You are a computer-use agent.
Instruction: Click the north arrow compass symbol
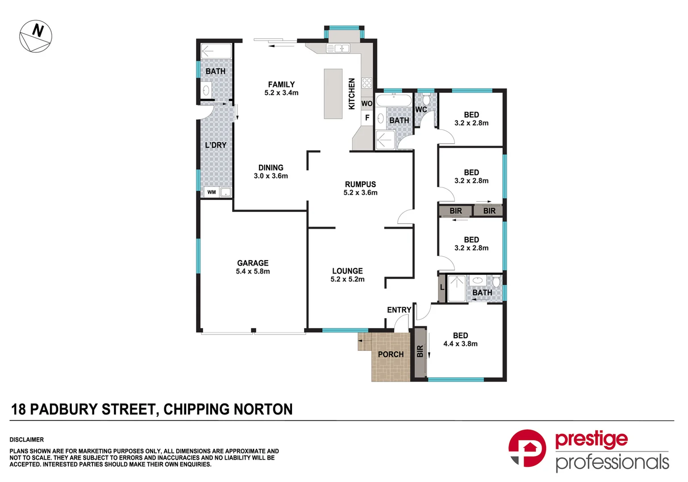pyautogui.click(x=36, y=36)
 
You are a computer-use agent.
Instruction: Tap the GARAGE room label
pyautogui.click(x=253, y=263)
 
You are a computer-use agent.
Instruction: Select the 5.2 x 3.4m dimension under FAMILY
pyautogui.click(x=281, y=93)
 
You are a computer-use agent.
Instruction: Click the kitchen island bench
pyautogui.click(x=333, y=94)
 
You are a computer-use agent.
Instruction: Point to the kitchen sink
pyautogui.click(x=338, y=48)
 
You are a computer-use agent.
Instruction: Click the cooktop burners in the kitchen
pyautogui.click(x=367, y=83)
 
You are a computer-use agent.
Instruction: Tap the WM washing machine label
pyautogui.click(x=212, y=192)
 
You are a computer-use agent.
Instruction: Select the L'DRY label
pyautogui.click(x=216, y=145)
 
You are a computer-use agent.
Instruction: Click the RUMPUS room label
pyautogui.click(x=360, y=184)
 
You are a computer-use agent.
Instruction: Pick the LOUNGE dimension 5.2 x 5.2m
pyautogui.click(x=347, y=279)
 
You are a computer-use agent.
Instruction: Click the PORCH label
pyautogui.click(x=391, y=354)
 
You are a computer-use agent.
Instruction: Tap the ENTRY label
pyautogui.click(x=399, y=310)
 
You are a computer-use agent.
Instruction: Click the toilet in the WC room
pyautogui.click(x=426, y=98)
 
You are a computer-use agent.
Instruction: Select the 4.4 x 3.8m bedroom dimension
pyautogui.click(x=460, y=344)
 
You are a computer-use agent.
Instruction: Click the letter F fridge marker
pyautogui.click(x=367, y=118)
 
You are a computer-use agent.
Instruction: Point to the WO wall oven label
pyautogui.click(x=367, y=104)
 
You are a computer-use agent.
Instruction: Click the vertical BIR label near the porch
pyautogui.click(x=420, y=352)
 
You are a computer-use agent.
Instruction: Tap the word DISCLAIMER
pyautogui.click(x=27, y=440)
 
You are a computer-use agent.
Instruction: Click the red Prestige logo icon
pyautogui.click(x=527, y=448)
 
